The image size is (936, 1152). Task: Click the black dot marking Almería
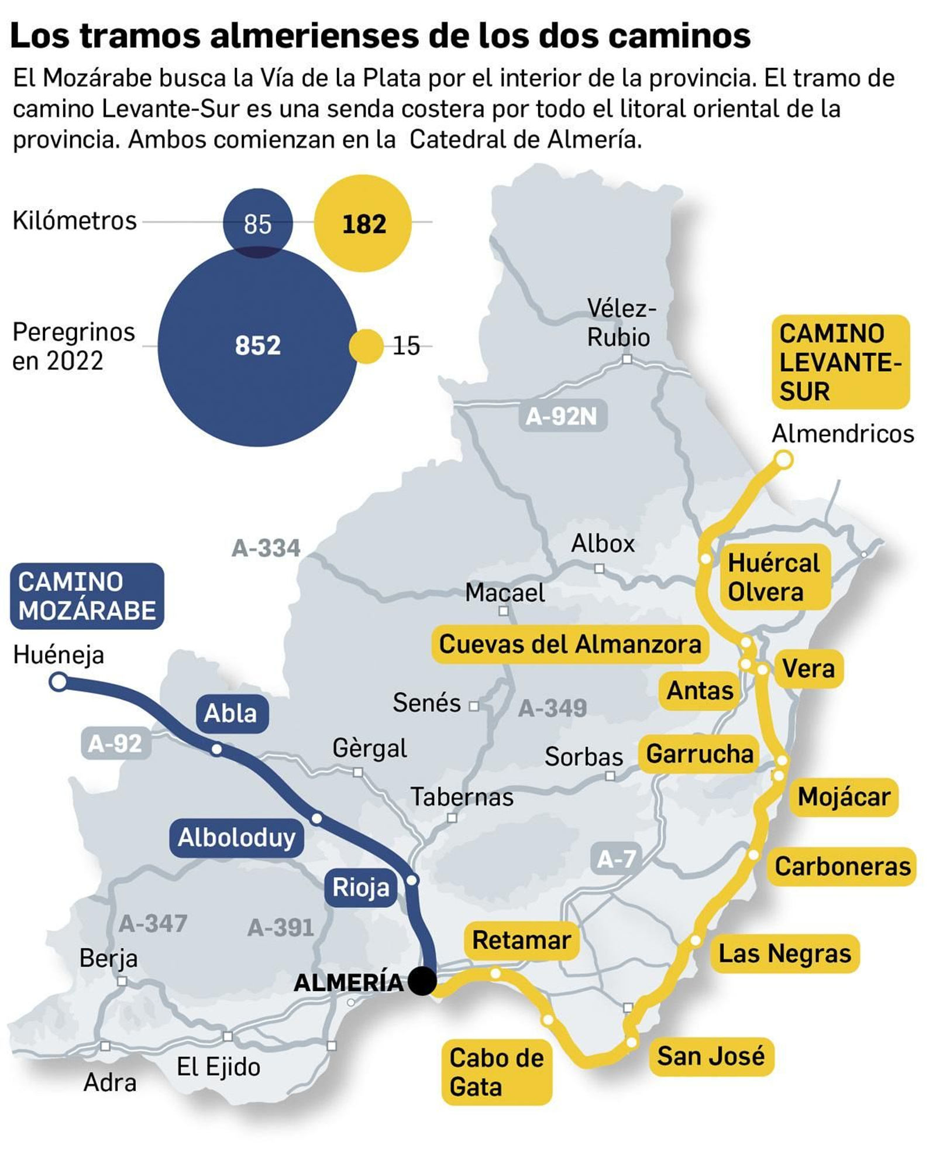[422, 980]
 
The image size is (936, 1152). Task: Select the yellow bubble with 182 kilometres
[363, 223]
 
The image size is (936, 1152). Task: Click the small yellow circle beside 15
[366, 346]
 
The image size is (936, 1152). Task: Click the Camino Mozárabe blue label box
[87, 596]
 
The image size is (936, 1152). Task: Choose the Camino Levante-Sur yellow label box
[840, 362]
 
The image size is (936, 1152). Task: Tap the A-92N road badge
[562, 416]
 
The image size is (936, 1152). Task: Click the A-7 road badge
[616, 859]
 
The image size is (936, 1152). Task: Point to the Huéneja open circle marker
[58, 681]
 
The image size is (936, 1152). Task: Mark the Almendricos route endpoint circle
[783, 460]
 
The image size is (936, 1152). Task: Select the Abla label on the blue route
[231, 713]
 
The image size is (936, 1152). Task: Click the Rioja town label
[360, 887]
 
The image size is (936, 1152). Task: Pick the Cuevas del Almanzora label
[570, 644]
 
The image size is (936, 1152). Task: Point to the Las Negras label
[784, 953]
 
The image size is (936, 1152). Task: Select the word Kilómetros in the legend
[74, 221]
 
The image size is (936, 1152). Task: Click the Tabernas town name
[462, 797]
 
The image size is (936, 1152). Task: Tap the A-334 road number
[266, 548]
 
